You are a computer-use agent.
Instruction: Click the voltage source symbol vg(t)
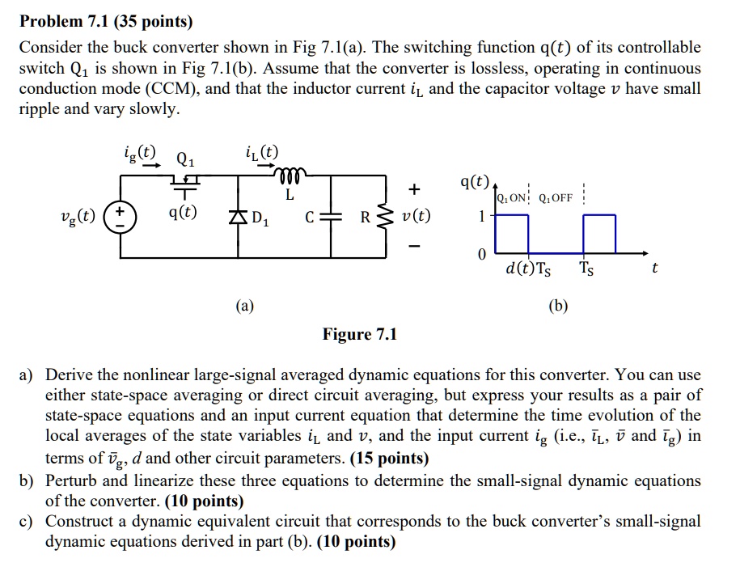[122, 217]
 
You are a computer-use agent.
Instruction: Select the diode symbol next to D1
[239, 216]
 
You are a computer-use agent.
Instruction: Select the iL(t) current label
[260, 151]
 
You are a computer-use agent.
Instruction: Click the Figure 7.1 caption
[360, 334]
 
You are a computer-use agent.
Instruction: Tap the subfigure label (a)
[244, 305]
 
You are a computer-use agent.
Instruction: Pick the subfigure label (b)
[558, 305]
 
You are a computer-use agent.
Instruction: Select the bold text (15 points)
[390, 459]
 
